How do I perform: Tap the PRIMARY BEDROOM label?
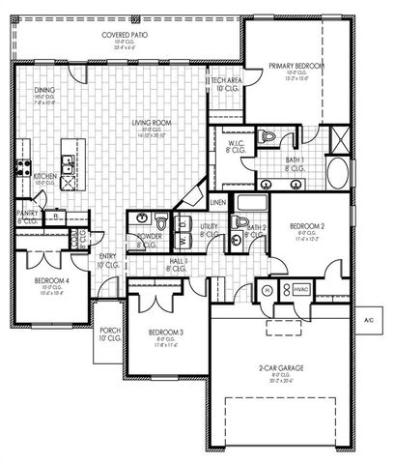295,66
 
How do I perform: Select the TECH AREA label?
227,82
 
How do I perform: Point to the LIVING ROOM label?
152,123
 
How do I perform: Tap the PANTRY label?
26,215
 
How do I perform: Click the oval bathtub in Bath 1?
338,175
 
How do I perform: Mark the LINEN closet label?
217,202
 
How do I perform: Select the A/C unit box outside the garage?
368,320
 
